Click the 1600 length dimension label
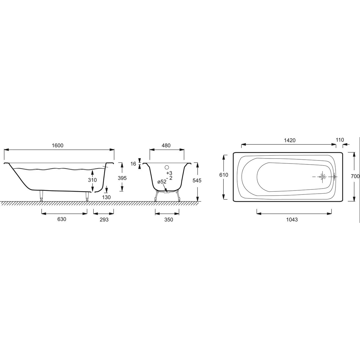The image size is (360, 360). point(58,145)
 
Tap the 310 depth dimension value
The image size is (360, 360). point(92,180)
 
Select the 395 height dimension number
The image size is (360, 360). point(122,178)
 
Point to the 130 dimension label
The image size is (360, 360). point(106,197)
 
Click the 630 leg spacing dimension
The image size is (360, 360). point(62,219)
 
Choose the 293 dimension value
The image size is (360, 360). point(104,219)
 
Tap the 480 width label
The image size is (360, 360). point(166,145)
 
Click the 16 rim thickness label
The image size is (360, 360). point(133,164)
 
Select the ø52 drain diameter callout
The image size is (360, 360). point(162,182)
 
